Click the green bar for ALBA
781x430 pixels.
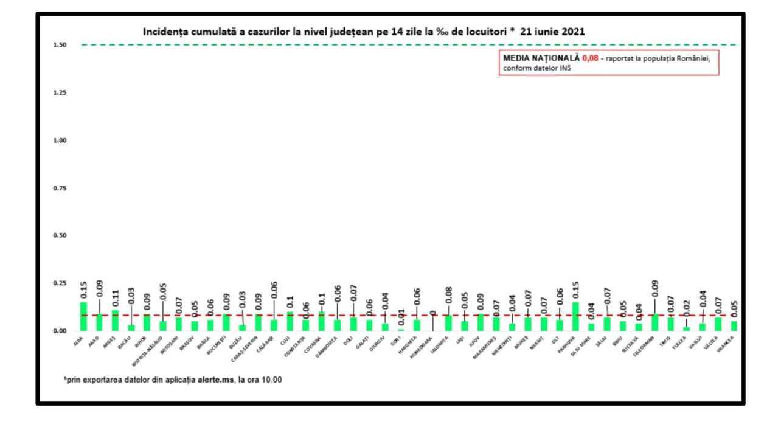tap(83, 316)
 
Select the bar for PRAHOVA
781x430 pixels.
tap(576, 316)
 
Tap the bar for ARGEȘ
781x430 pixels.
tap(115, 321)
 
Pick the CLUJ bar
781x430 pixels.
tap(290, 321)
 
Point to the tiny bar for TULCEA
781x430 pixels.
tap(687, 329)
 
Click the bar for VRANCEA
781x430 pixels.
tap(734, 326)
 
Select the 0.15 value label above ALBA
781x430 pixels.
tap(84, 290)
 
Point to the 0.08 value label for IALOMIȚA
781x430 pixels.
tap(450, 296)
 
